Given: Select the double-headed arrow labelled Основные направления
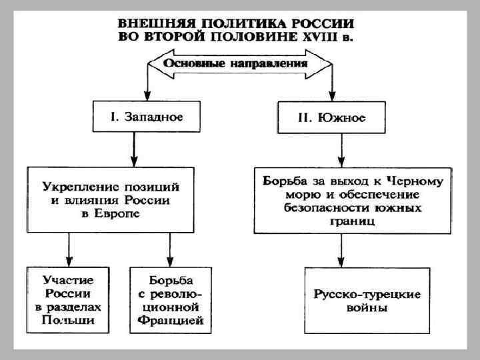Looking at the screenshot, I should tap(239, 65).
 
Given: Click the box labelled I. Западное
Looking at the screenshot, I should tap(146, 117).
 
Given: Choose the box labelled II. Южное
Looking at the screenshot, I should tap(332, 117).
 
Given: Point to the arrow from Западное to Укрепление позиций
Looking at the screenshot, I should tap(135, 150).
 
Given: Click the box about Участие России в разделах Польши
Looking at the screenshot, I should tap(69, 299).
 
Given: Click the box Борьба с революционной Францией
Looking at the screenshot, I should tap(171, 299).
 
